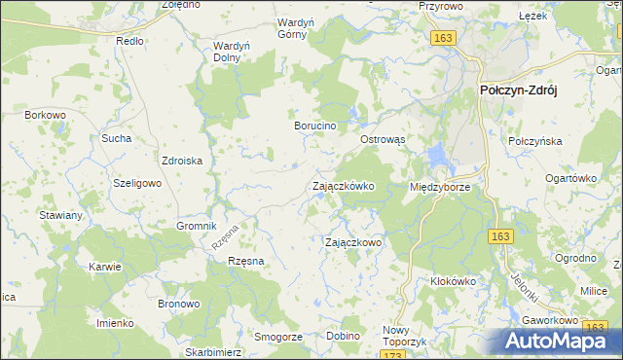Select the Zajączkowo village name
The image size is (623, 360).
click(352, 242)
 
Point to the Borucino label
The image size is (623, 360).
click(315, 126)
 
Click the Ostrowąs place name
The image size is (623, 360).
click(383, 139)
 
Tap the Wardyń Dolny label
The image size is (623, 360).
click(232, 51)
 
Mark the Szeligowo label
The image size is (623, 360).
click(136, 183)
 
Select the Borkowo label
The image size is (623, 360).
click(46, 115)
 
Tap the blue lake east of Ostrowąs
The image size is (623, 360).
click(437, 153)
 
